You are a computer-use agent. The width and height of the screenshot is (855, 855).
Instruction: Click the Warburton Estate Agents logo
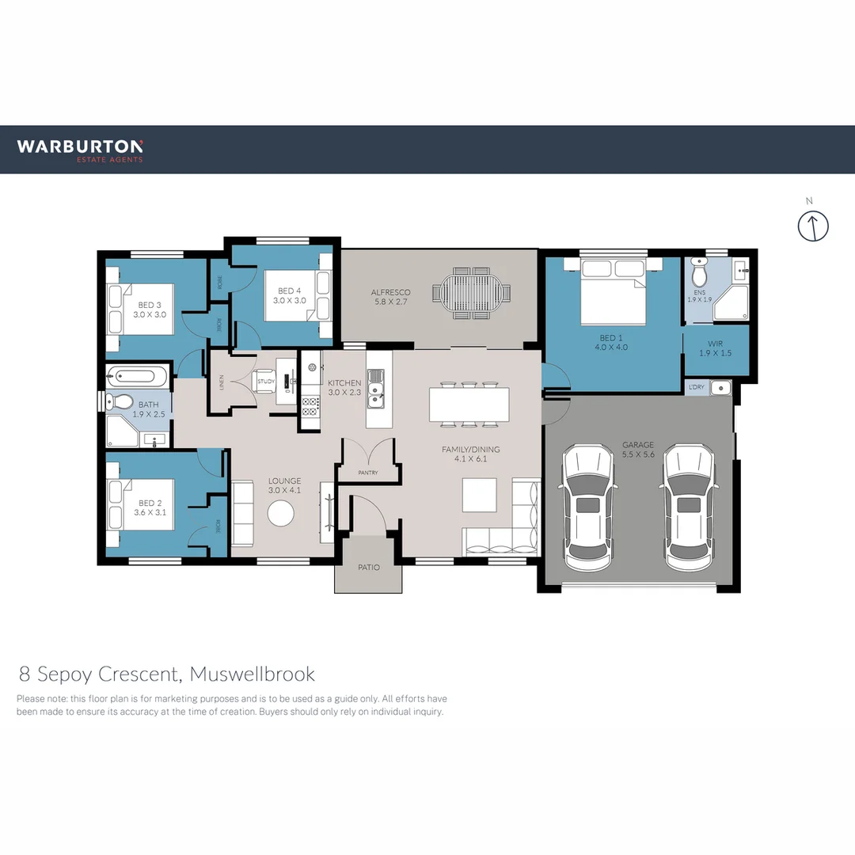pos(80,150)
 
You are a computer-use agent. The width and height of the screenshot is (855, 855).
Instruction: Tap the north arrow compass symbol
pos(812,226)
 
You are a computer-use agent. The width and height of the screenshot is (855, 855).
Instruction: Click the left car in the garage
pos(587,507)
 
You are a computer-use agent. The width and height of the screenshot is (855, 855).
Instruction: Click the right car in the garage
pos(688,507)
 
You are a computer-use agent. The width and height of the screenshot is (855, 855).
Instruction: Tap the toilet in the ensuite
pos(699,274)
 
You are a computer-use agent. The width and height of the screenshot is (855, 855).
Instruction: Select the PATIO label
pos(368,567)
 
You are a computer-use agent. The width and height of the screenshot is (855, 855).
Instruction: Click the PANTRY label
pos(367,473)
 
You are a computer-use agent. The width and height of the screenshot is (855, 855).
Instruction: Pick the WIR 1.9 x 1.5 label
pos(716,348)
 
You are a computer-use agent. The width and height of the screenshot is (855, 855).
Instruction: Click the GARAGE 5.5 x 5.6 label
pos(637,450)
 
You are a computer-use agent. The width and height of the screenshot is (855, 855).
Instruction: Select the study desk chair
pos(264,383)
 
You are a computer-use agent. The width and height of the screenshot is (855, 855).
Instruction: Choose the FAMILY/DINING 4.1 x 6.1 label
pos(470,454)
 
